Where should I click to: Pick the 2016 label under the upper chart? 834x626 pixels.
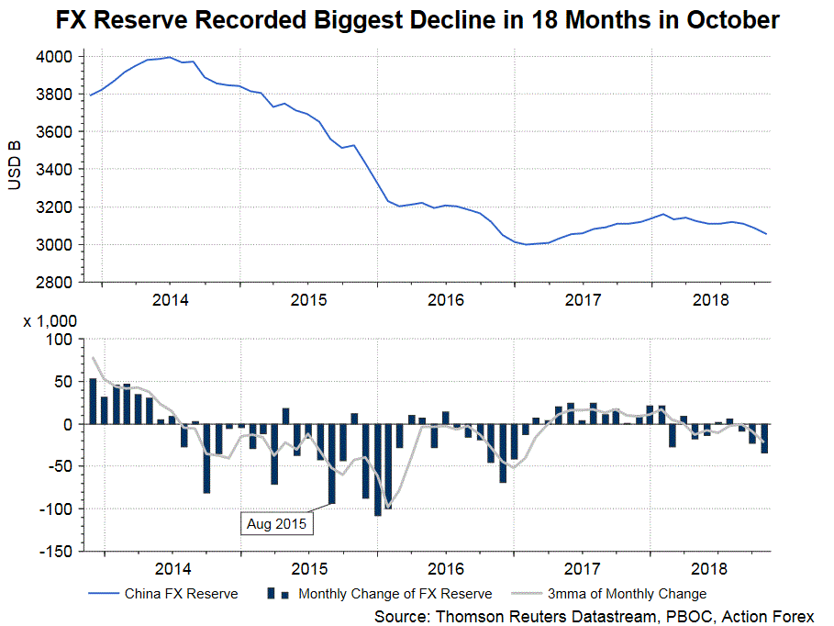(x=446, y=300)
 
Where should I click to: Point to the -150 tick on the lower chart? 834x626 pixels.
(x=54, y=552)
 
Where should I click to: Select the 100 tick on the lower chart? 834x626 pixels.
(x=60, y=340)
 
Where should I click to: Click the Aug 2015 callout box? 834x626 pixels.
(x=276, y=524)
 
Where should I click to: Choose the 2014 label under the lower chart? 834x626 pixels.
(x=172, y=569)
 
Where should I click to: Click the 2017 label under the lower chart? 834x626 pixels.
(x=583, y=569)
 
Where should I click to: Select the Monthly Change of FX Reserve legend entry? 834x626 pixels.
(x=395, y=594)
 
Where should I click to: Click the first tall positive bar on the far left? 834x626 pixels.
(x=93, y=401)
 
